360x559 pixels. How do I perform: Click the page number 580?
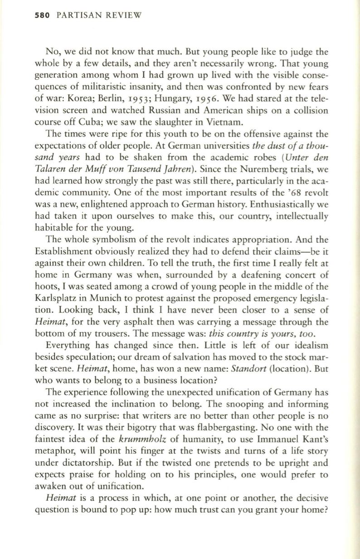pyautogui.click(x=30, y=15)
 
